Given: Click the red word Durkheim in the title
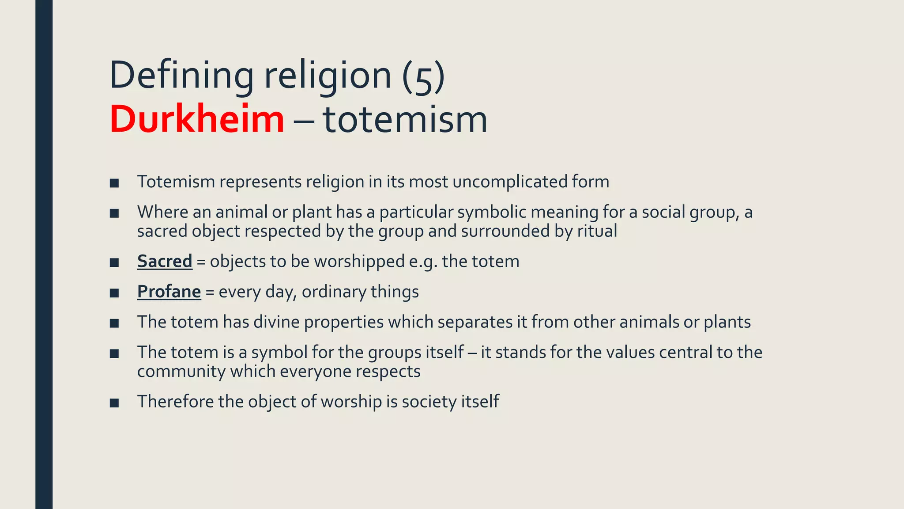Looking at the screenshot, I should point(197,119).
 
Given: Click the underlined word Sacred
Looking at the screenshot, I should point(165,261).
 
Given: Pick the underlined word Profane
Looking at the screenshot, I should point(169,292).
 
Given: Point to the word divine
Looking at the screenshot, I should point(276,322).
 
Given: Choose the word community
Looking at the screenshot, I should point(181,372).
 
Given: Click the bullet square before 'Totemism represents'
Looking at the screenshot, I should point(114,183).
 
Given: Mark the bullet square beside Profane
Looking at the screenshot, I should point(114,293).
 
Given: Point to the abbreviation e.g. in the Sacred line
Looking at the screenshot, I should point(423,261).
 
